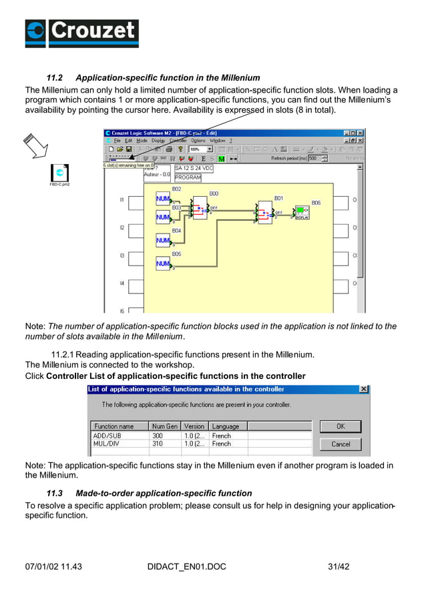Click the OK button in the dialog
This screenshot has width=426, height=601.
pos(340,426)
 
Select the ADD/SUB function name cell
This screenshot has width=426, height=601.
pos(108,436)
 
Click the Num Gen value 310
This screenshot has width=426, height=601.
pos(158,444)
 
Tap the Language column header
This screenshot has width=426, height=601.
pos(226,426)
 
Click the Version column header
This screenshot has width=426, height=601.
pos(194,426)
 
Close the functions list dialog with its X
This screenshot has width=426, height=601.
pos(364,389)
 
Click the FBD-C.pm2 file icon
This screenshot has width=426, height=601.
pos(59,172)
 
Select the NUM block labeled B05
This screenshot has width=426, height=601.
pos(163,263)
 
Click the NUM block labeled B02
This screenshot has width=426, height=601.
pos(163,199)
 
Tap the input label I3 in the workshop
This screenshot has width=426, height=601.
pos(122,255)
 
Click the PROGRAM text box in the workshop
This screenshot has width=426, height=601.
pos(188,178)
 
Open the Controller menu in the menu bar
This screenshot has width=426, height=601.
pos(178,141)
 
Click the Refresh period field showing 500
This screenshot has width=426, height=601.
pos(316,159)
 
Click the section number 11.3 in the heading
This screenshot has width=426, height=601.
pos(54,494)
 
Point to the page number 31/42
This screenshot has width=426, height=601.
pos(339,567)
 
